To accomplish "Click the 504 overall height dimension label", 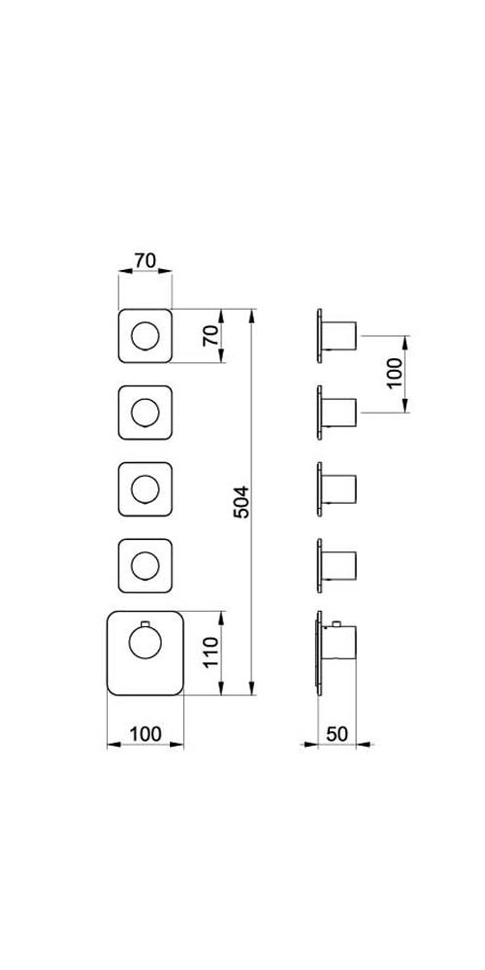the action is tap(242, 501).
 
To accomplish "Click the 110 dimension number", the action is tap(210, 652).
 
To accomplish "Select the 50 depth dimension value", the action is tap(337, 734).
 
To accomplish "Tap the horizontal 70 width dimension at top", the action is tap(145, 260).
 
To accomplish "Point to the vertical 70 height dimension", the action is tap(210, 335).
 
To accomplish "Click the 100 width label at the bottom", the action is tap(145, 734).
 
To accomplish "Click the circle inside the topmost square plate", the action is tap(145, 336).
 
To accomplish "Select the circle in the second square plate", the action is tap(145, 413).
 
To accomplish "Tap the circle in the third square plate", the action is tap(145, 489).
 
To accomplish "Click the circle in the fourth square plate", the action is tap(145, 566).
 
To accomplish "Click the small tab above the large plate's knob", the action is tap(145, 623).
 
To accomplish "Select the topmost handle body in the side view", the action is tap(339, 336).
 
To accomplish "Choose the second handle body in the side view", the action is tap(339, 413).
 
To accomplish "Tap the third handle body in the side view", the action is tap(339, 489).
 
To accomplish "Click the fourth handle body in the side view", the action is tap(339, 566).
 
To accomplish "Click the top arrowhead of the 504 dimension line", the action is tap(251, 317).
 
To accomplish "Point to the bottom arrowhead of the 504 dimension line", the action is tap(251, 687).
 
